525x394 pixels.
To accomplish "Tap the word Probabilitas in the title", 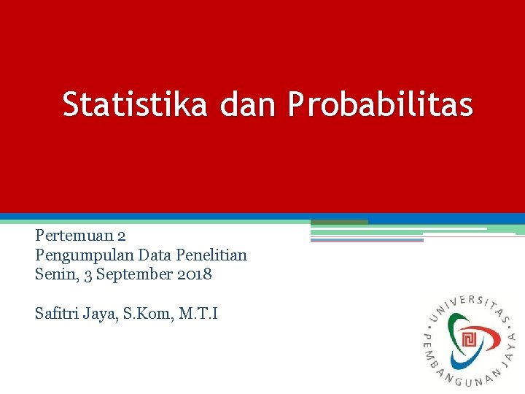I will coord(381,104).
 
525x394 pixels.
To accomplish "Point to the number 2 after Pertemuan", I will coord(122,236).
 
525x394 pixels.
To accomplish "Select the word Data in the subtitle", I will coord(155,255).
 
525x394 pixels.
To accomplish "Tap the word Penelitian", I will coord(212,255).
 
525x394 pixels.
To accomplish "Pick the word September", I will coord(128,275).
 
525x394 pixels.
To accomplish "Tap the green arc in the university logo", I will coord(456,324).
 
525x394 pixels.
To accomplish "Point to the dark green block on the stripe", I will coord(339,222).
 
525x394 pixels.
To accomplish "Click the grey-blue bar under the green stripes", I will coord(367,240).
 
